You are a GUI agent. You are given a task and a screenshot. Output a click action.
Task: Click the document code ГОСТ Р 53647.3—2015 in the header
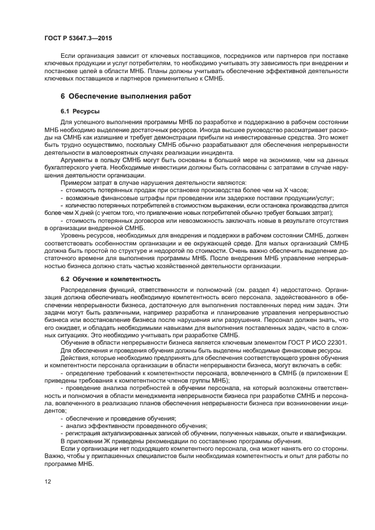pyautogui.click(x=78, y=37)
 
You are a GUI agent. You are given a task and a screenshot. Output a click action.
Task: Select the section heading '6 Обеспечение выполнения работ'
pyautogui.click(x=126, y=96)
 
